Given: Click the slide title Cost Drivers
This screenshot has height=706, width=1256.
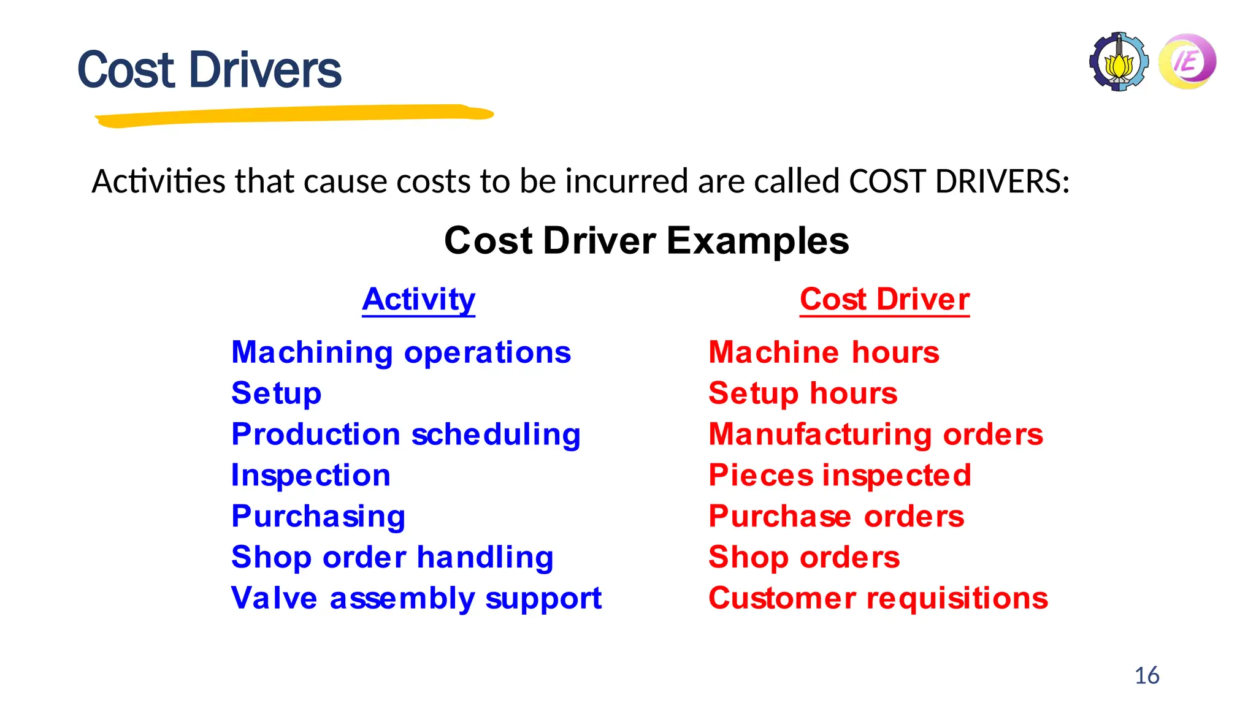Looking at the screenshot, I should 209,70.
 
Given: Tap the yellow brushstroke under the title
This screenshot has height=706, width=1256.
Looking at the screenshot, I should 294,115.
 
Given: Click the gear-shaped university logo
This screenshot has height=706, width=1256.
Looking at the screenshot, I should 1119,62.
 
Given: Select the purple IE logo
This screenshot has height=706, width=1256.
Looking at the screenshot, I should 1187,61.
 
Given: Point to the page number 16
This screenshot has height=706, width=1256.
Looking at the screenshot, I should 1147,675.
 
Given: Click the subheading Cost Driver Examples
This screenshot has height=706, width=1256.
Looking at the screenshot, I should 646,240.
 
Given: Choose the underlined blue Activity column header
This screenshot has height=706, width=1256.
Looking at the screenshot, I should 418,300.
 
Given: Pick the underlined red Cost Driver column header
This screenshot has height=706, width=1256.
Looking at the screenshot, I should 884,300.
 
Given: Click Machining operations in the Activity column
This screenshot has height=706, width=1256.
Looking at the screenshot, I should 401,353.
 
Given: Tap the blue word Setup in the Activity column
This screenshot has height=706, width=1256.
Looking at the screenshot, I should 277,393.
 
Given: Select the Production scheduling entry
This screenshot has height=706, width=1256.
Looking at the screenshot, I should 406,435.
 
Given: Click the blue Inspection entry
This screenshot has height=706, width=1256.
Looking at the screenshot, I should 311,476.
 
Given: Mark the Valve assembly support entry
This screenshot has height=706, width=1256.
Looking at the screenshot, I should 416,598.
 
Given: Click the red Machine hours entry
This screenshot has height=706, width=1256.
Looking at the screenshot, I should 824,352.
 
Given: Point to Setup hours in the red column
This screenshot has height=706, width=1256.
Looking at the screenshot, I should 803,393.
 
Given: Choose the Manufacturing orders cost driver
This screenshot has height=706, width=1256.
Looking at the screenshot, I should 876,435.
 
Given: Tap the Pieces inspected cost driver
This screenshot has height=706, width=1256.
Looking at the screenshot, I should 840,476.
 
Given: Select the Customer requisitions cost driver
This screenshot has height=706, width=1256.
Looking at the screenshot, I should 878,598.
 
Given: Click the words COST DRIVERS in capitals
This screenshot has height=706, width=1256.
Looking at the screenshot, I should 959,181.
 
